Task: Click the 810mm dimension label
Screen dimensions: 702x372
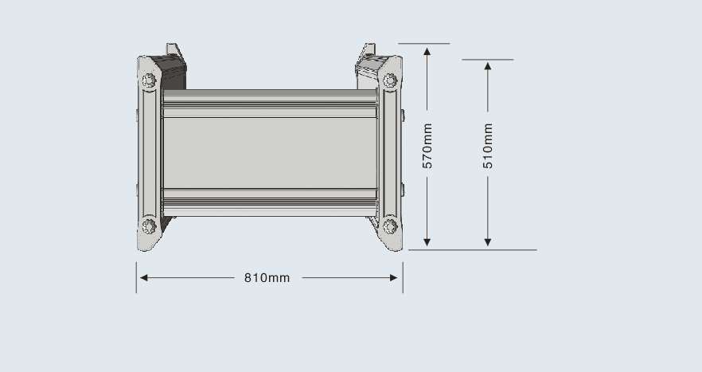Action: (267, 278)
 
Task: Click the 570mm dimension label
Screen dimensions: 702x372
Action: (427, 146)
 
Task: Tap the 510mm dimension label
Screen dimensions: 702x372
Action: (488, 146)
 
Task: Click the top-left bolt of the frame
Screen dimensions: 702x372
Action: (149, 80)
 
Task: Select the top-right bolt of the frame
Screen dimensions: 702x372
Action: (390, 80)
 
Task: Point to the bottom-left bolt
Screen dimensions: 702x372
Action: (149, 226)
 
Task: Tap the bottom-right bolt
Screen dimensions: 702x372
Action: (390, 226)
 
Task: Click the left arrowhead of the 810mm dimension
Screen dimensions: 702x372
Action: (144, 278)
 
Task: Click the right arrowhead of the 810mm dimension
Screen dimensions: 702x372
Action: (394, 278)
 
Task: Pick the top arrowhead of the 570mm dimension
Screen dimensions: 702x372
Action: (427, 52)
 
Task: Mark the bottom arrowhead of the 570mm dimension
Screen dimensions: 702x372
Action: (427, 242)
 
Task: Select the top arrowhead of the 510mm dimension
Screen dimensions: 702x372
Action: (488, 66)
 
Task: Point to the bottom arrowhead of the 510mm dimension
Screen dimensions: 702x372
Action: (488, 242)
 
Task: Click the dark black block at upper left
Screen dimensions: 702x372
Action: (172, 72)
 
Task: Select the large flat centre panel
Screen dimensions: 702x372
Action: (270, 153)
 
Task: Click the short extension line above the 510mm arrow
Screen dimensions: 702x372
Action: (488, 59)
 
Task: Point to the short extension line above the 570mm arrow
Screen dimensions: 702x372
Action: (424, 44)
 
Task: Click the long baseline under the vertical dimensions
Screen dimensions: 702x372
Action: (472, 249)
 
